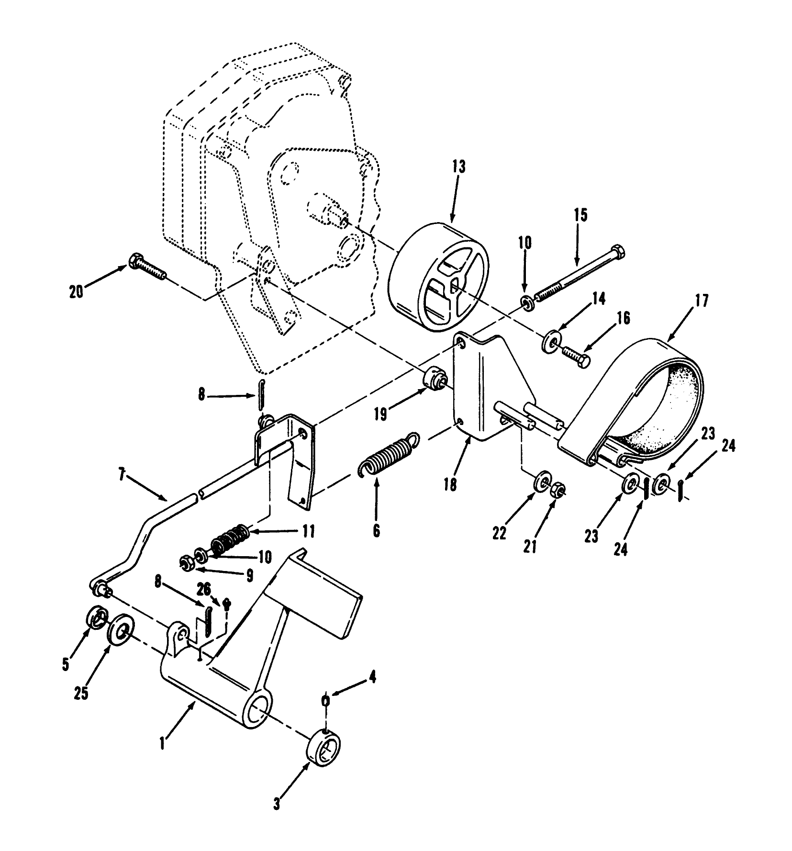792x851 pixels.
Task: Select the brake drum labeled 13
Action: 438,278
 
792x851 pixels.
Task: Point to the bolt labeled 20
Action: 146,267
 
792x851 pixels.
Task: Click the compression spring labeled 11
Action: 230,540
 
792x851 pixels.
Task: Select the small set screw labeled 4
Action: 325,701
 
